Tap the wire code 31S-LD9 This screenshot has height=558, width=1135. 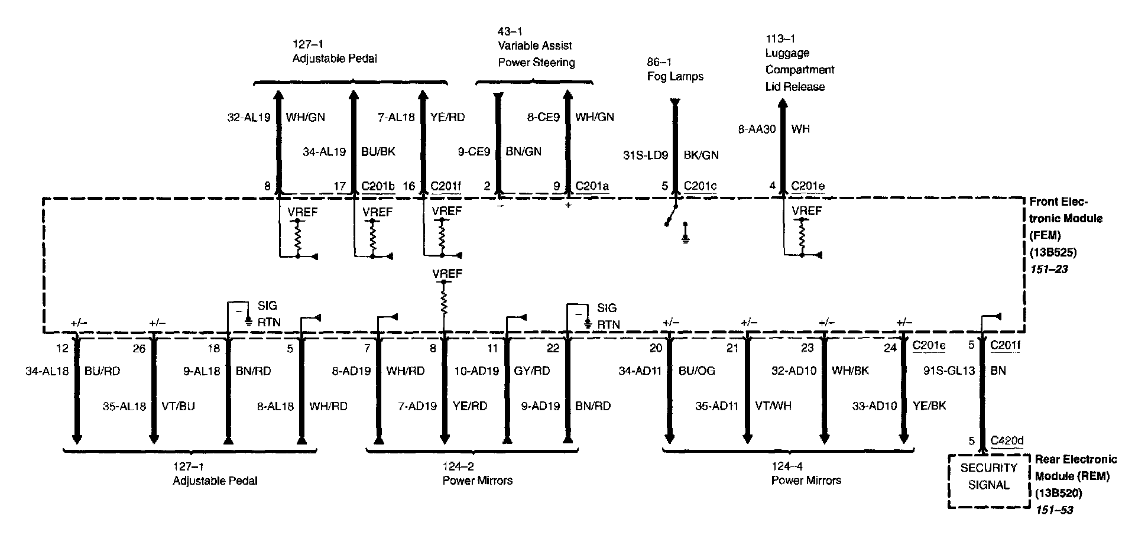(646, 155)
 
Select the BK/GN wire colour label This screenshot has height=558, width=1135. (701, 155)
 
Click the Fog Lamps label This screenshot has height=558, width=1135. (675, 76)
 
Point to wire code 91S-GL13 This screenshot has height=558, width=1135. (949, 371)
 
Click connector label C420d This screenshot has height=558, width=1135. (1007, 440)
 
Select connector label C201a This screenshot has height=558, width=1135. (592, 186)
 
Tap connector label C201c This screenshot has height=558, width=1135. (700, 186)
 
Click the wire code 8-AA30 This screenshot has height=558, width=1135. (757, 129)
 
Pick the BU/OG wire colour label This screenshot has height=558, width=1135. (697, 371)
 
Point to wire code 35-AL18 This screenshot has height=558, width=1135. (124, 406)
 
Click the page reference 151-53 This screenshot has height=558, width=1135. (1053, 510)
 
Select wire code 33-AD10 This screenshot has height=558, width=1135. (875, 406)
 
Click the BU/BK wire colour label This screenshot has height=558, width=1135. (378, 152)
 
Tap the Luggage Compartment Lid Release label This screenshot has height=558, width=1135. (799, 70)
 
